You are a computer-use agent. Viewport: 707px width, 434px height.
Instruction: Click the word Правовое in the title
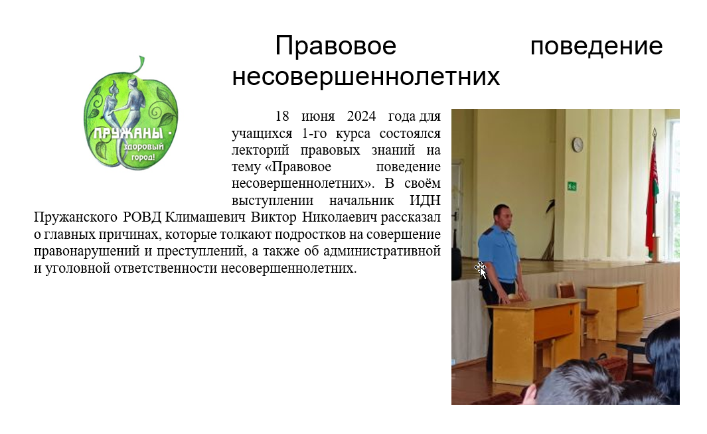335,46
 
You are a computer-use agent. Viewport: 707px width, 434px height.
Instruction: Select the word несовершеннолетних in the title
366,76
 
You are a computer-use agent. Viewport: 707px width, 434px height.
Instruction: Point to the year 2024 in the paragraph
361,116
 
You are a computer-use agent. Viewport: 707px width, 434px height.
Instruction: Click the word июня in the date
318,117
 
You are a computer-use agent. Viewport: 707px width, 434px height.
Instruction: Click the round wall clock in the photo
578,145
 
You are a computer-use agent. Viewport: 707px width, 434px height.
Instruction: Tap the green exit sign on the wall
572,186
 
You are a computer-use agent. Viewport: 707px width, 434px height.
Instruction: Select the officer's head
503,216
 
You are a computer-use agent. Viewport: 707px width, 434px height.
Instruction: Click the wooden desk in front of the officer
535,338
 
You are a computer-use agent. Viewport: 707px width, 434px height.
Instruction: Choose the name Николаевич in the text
339,217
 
